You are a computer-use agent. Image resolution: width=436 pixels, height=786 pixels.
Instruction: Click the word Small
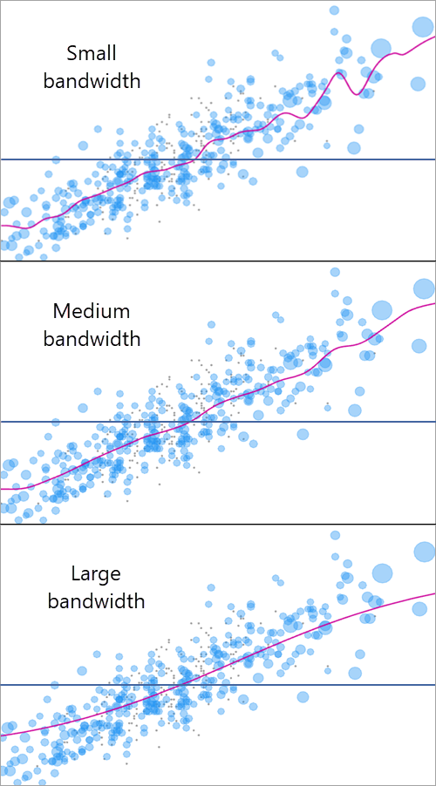tap(92, 53)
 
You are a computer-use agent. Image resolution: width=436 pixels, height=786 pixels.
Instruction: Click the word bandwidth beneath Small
tap(92, 81)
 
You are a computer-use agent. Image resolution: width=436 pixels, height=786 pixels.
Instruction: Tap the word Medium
tap(92, 311)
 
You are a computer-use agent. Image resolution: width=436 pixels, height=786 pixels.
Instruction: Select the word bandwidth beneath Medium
tap(92, 339)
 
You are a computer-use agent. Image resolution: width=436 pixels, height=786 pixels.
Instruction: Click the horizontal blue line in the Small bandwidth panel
tap(52, 159)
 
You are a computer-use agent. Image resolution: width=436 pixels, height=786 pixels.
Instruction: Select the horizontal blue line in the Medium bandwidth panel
tap(52, 422)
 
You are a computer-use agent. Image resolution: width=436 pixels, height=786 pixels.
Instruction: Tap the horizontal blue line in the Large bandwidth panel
tap(52, 685)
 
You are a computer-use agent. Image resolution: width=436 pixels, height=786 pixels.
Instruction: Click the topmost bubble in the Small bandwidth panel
tap(334, 10)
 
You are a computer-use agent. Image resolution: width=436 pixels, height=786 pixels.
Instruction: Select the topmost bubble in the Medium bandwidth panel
tap(334, 272)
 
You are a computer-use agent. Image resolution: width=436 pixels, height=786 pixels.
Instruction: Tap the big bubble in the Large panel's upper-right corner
tap(424, 551)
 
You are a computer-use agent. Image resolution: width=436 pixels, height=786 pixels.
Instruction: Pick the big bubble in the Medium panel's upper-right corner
tap(424, 288)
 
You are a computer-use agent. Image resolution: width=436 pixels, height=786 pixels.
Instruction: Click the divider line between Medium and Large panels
tap(218, 524)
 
